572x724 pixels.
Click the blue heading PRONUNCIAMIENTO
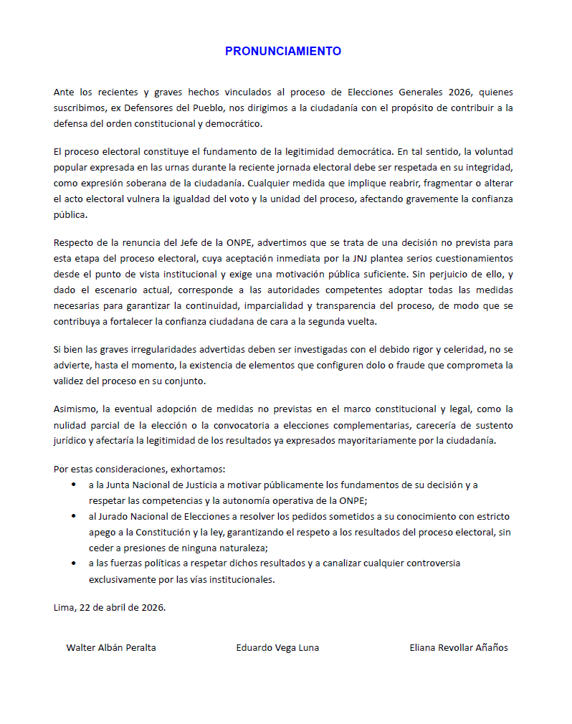tap(283, 52)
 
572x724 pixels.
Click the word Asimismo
tap(75, 409)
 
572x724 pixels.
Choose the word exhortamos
tap(197, 470)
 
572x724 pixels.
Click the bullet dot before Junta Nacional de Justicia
tap(74, 485)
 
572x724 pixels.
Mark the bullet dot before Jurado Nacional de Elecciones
tap(74, 516)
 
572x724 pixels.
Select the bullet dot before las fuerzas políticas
tap(74, 563)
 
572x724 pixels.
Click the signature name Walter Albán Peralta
tap(111, 647)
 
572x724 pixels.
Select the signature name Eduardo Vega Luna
tap(277, 647)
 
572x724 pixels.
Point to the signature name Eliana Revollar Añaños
tap(458, 647)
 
